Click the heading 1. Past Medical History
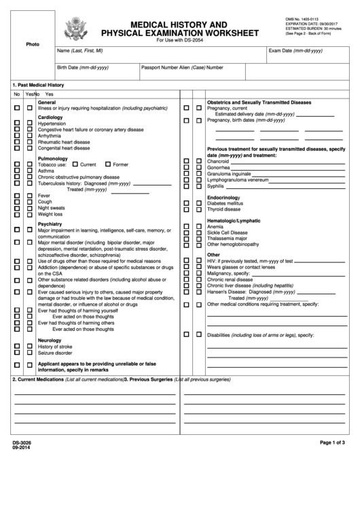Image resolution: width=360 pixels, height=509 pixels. click(x=38, y=84)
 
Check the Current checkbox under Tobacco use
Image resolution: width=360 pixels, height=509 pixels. click(x=75, y=164)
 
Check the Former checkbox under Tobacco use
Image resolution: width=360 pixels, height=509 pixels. click(x=108, y=164)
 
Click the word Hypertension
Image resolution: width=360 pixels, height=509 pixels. click(x=52, y=124)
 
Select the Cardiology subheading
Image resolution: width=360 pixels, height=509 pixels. click(x=50, y=117)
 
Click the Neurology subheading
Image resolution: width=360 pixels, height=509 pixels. click(x=50, y=340)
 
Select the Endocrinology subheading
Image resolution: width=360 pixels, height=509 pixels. click(x=224, y=197)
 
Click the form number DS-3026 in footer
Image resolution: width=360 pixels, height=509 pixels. click(x=22, y=443)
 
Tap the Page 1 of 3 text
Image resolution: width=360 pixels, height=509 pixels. click(x=333, y=442)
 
